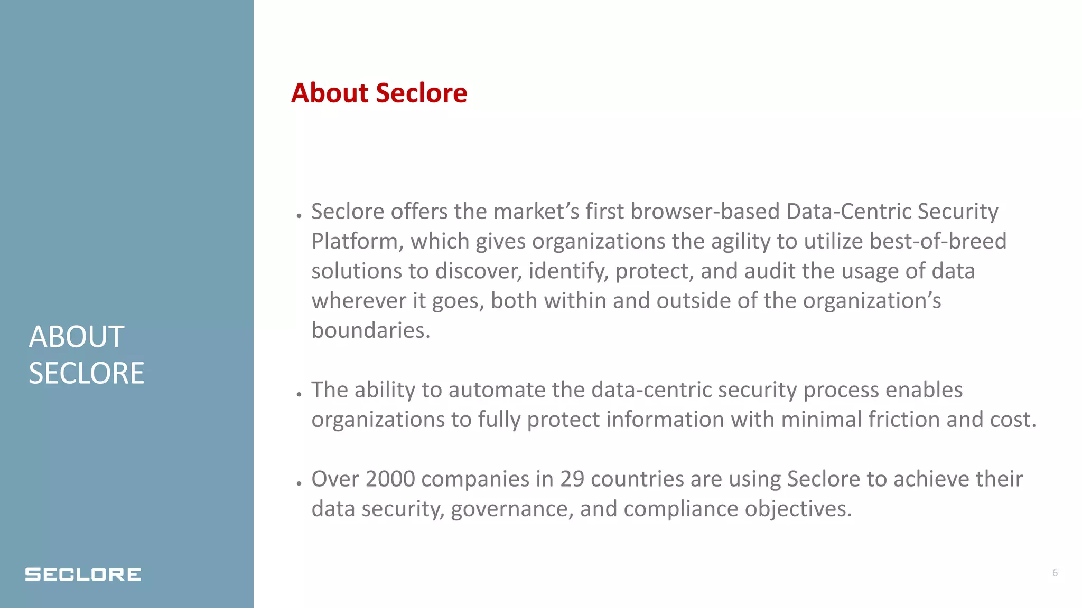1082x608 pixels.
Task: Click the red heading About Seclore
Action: point(379,93)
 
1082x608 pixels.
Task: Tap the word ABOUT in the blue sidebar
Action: point(77,337)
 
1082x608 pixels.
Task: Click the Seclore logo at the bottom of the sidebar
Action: point(83,574)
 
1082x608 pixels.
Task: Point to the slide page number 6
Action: point(1055,573)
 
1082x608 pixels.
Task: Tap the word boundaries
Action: point(370,330)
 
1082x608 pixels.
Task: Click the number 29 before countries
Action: point(572,479)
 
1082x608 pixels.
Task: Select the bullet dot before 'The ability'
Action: point(299,394)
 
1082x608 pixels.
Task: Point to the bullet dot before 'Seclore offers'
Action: point(299,216)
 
